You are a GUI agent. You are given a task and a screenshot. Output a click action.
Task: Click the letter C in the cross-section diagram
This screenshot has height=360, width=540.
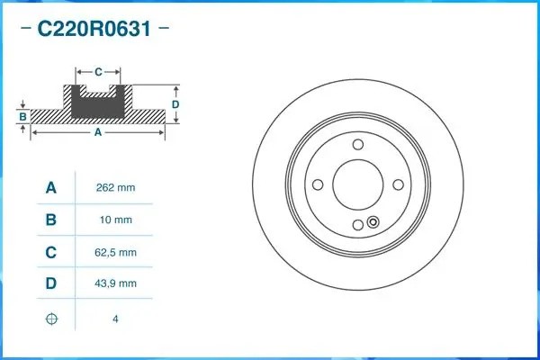click(x=98, y=69)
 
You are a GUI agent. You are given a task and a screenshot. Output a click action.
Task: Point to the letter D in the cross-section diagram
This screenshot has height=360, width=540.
click(x=175, y=104)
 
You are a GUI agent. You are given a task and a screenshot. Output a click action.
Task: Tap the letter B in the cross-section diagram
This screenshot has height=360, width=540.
click(x=22, y=117)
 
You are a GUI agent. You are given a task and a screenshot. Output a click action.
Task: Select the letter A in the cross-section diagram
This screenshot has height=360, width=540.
click(x=98, y=132)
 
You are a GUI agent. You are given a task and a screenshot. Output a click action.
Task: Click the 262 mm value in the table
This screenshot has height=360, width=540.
click(x=115, y=188)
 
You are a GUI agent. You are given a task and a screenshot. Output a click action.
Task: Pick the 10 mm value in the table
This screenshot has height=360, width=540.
click(x=115, y=220)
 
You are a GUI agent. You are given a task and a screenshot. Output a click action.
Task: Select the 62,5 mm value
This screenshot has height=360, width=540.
click(x=115, y=252)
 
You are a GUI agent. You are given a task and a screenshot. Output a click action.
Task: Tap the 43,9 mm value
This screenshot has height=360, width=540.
click(x=115, y=283)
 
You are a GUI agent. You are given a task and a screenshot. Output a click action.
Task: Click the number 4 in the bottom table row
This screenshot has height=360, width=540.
click(x=115, y=319)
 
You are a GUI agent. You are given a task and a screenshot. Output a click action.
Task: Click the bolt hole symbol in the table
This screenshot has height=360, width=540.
click(x=51, y=319)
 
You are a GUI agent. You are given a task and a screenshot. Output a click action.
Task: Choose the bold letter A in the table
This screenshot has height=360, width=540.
click(x=51, y=188)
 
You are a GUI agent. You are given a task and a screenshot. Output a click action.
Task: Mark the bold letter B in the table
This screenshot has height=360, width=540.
click(x=51, y=220)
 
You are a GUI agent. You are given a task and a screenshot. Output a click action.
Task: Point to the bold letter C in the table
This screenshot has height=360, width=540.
click(x=51, y=252)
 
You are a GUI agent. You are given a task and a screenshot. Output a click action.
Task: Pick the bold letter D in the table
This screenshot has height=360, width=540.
click(x=51, y=283)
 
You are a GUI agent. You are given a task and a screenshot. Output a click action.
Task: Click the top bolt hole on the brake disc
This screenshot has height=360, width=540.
click(x=357, y=145)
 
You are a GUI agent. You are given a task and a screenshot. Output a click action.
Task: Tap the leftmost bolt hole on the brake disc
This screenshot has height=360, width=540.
click(x=318, y=184)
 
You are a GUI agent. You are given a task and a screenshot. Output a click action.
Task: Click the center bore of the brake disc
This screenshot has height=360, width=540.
click(x=357, y=184)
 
